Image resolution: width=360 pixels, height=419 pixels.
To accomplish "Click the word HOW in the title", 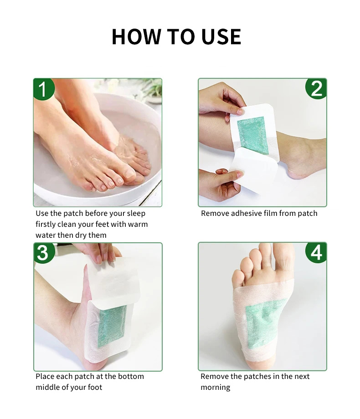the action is (136, 36).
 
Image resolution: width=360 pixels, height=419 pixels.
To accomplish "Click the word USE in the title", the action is (221, 36).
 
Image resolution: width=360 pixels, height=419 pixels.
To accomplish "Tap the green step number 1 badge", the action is (44, 89).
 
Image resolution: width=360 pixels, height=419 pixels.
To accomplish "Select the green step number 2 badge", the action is (316, 89).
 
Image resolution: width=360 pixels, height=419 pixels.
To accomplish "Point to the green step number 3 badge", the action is (44, 253).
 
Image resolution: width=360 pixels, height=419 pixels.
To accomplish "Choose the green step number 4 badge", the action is (316, 252).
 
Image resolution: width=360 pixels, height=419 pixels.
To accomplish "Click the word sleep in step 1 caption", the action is (136, 214).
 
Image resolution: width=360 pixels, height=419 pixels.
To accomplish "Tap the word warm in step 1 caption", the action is (138, 224).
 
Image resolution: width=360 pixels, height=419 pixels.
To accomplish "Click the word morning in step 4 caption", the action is (215, 388).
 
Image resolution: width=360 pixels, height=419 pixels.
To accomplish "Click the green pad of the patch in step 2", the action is (253, 135).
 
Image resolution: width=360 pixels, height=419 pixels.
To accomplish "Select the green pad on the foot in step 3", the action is (112, 326).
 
